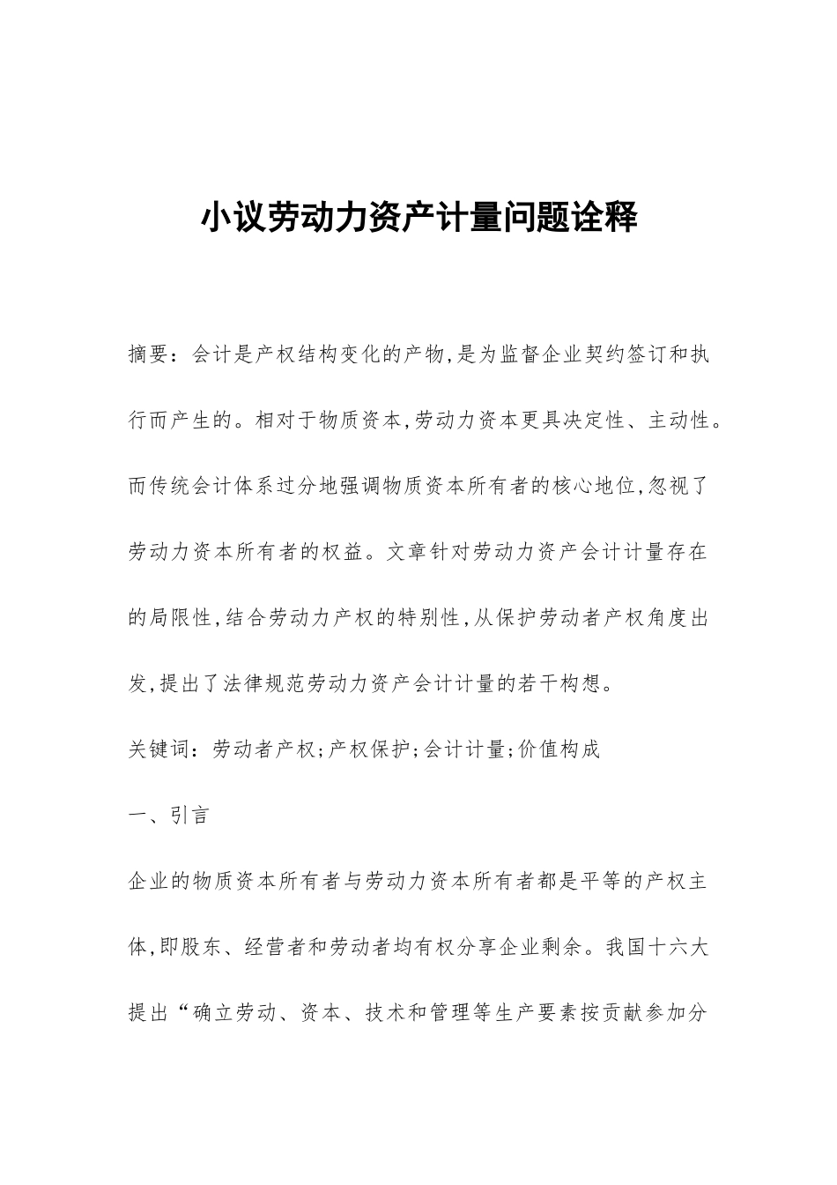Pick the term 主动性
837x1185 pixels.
(x=680, y=421)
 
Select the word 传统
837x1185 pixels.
(x=171, y=487)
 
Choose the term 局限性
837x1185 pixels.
(x=181, y=618)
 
